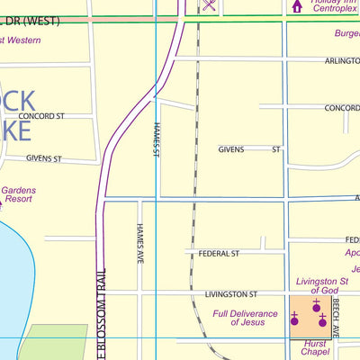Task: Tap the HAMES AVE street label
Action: (140, 244)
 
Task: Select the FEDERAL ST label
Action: (219, 254)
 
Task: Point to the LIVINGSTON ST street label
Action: (231, 294)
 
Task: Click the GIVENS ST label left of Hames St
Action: (43, 158)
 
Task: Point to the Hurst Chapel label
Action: (315, 348)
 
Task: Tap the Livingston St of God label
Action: (324, 284)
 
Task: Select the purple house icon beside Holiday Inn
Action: (297, 7)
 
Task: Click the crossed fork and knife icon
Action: (209, 6)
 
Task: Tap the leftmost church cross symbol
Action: (294, 318)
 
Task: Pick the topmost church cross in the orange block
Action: (316, 305)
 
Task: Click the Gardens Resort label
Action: (18, 196)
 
